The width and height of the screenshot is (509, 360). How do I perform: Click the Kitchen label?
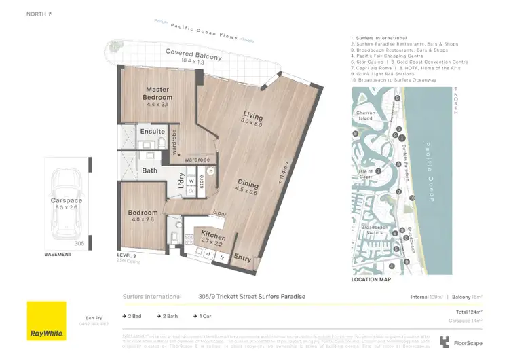[213, 232]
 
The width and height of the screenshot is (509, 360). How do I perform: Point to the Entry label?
[242, 257]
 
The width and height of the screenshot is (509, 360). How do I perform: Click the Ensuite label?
[152, 131]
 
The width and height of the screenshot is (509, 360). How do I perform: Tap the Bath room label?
[150, 170]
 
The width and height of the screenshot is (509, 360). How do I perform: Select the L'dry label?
[181, 181]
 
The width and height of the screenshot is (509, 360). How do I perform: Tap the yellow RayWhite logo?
[47, 321]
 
